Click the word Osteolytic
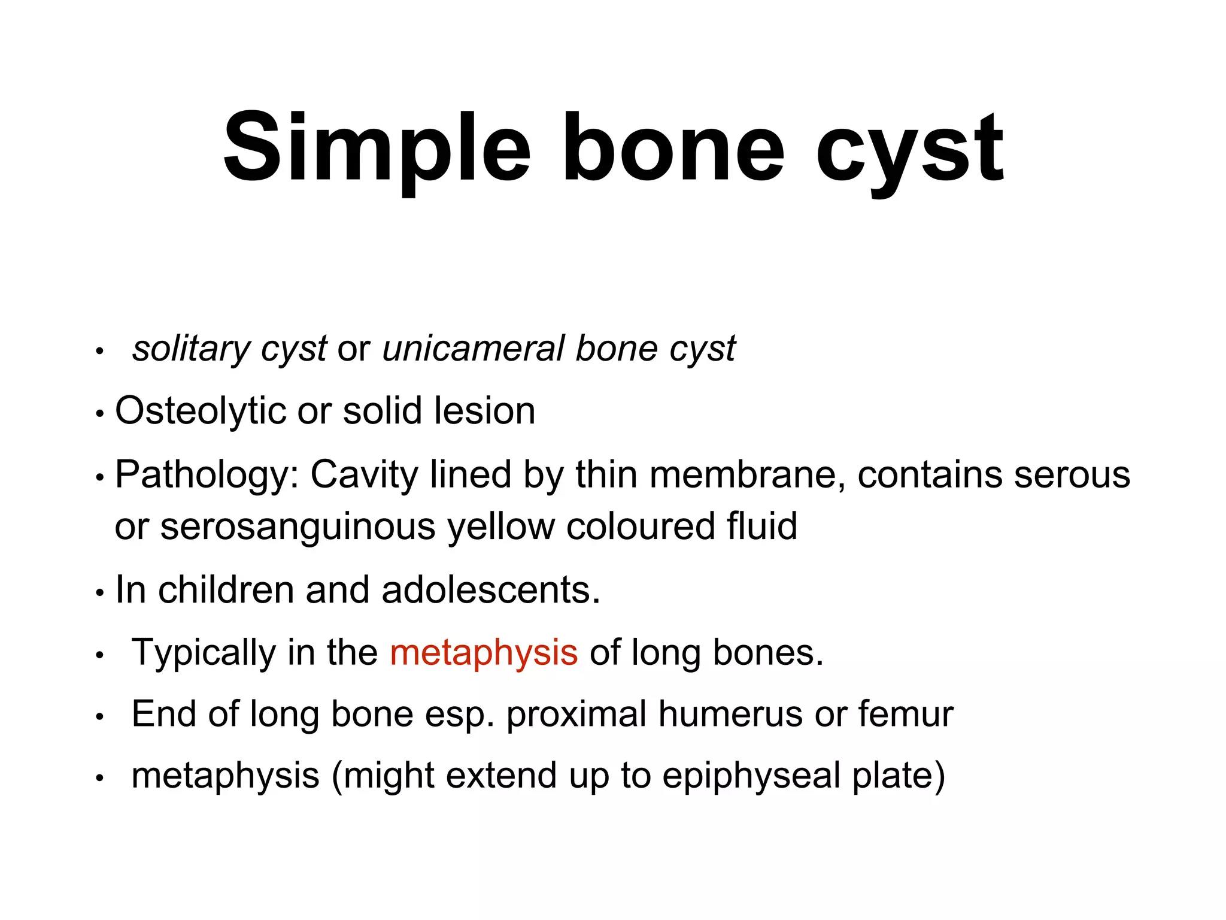click(201, 411)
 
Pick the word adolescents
click(490, 590)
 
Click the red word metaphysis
click(484, 653)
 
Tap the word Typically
click(204, 653)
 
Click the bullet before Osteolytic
click(100, 413)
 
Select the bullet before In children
click(100, 592)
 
